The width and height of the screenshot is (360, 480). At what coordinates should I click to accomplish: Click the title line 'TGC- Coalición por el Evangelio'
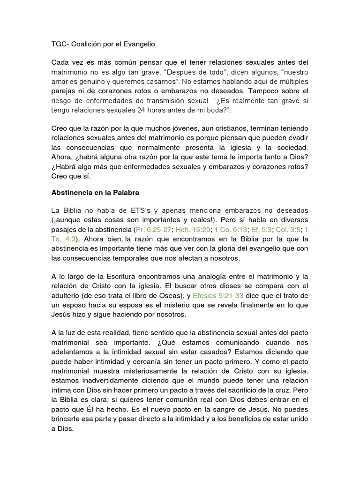click(x=103, y=45)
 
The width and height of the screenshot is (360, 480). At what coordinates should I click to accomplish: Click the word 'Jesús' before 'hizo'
click(x=61, y=315)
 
